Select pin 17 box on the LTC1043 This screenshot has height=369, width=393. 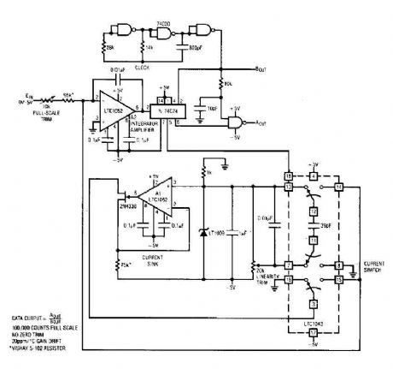[x=314, y=332]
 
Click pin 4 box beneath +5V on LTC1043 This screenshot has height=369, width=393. [x=314, y=176]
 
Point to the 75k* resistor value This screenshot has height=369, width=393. [x=126, y=263]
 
